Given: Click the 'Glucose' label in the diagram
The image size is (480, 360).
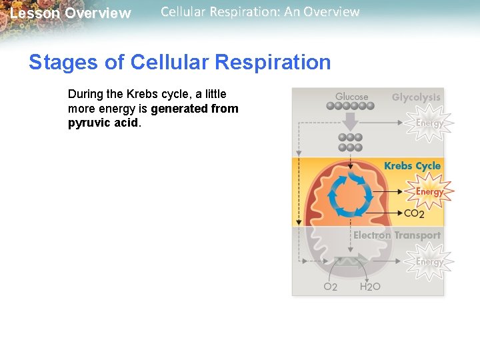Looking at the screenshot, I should (x=351, y=97).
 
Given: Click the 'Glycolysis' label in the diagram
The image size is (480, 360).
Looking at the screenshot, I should (x=416, y=97).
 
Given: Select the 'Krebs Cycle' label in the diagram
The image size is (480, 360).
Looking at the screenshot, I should (x=412, y=166).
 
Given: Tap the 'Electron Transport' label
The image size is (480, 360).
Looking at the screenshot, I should (x=397, y=235).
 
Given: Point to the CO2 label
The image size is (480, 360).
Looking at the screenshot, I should (x=414, y=214).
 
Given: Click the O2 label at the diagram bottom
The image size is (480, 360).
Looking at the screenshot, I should (x=330, y=287).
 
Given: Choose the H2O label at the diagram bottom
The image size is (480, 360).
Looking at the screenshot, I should (x=370, y=287).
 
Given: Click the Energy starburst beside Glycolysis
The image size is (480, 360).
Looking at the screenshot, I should (x=429, y=123).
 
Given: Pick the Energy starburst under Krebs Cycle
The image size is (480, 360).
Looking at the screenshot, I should (x=429, y=192).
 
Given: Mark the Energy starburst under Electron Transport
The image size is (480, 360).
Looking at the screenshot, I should (x=429, y=261).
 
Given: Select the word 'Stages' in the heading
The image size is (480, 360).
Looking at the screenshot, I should (x=63, y=62).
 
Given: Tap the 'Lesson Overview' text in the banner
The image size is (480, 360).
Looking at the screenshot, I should (x=71, y=13).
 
